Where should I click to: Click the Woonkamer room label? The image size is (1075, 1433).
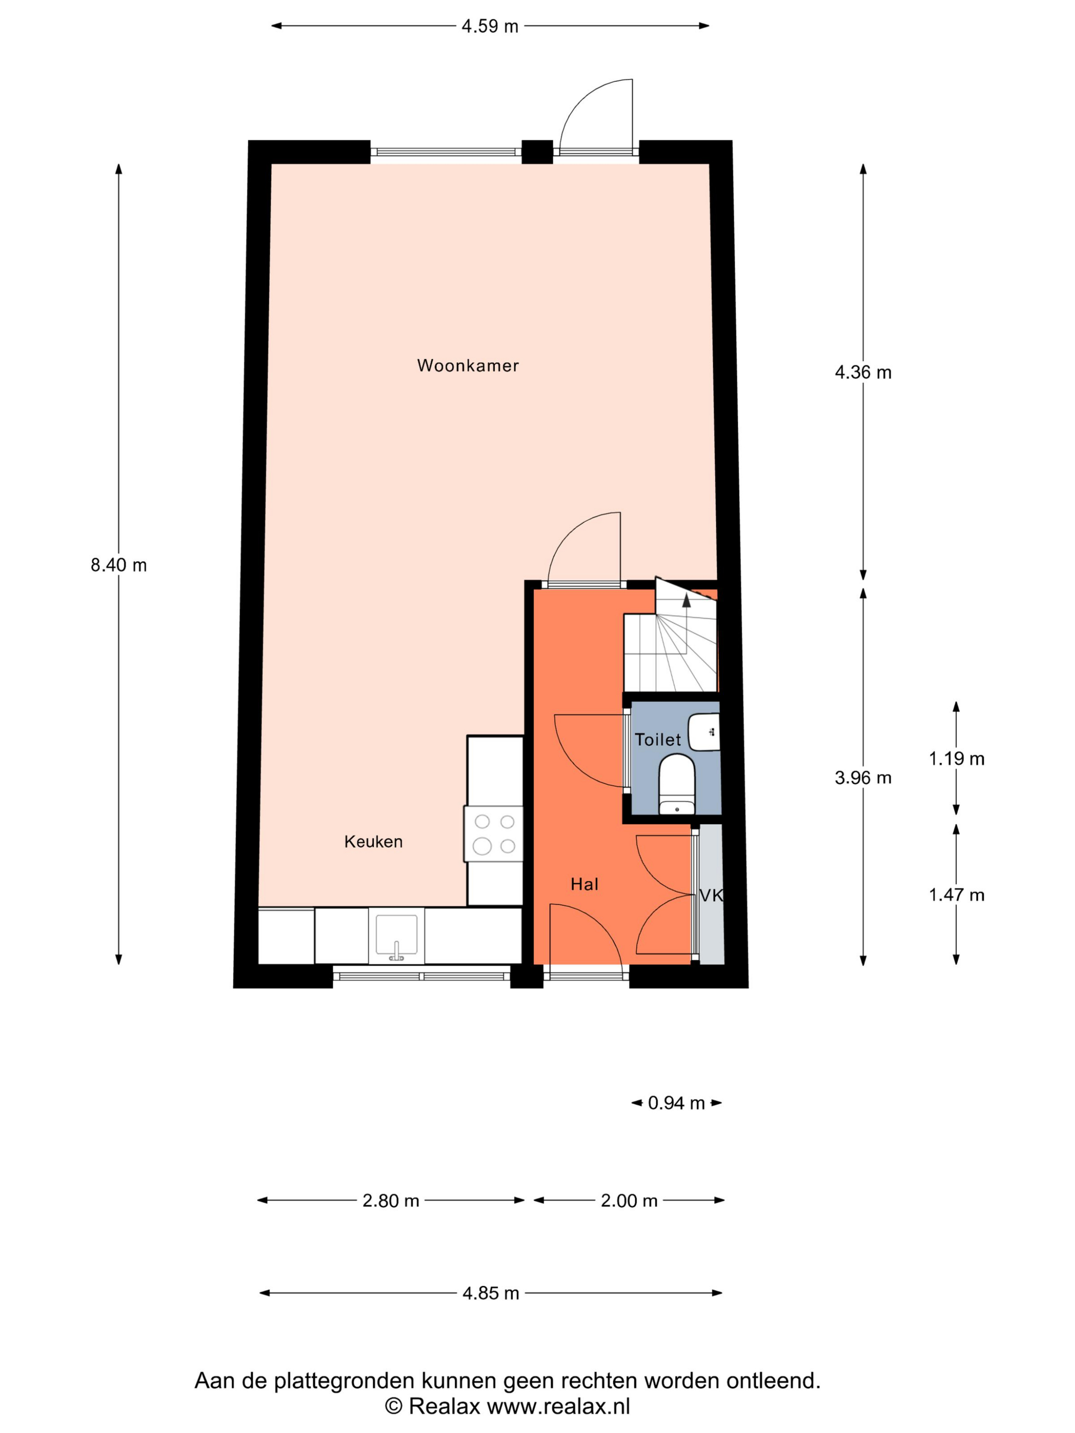click(468, 366)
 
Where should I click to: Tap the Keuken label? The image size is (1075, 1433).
click(373, 841)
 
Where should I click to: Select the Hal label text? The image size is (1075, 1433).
click(585, 884)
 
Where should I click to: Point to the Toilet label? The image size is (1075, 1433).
click(658, 740)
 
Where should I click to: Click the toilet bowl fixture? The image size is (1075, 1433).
click(677, 784)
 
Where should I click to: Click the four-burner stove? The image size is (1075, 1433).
click(494, 834)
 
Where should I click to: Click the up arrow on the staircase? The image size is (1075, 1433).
click(687, 600)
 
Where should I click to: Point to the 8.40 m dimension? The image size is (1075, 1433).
click(119, 566)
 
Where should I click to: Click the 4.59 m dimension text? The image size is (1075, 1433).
click(490, 27)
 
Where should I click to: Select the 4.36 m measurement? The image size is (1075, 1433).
click(863, 373)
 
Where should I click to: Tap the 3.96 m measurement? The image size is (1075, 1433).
click(863, 777)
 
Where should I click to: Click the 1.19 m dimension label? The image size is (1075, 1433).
click(956, 758)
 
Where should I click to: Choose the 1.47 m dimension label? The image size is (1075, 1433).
click(956, 895)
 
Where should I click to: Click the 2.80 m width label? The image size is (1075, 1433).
click(391, 1201)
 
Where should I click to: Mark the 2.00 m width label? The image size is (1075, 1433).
click(629, 1201)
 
